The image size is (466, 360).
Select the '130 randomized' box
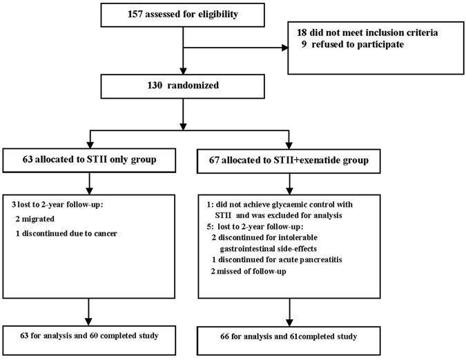pyautogui.click(x=182, y=86)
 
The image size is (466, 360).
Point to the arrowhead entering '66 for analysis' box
pyautogui.click(x=289, y=323)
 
